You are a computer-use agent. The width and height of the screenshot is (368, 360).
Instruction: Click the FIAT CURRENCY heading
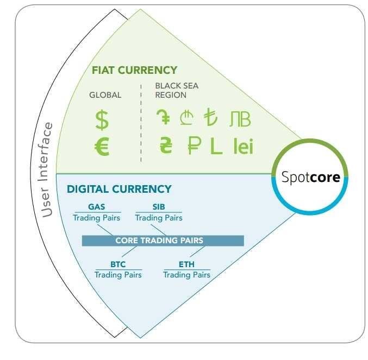[x=134, y=70]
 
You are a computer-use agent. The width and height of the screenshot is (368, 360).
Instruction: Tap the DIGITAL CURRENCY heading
[x=119, y=189]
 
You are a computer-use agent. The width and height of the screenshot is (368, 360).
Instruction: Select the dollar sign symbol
[x=102, y=120]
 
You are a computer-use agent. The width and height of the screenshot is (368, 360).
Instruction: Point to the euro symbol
[x=102, y=147]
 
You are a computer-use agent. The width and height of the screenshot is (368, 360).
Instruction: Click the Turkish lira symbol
[x=210, y=117]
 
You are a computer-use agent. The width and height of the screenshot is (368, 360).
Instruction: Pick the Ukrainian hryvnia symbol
[x=166, y=146]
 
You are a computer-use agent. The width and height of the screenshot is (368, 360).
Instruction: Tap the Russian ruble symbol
[x=195, y=146]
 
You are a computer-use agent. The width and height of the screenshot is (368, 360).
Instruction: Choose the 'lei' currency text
[x=244, y=146]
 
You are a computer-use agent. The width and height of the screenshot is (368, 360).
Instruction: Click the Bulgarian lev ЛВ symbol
[x=240, y=119]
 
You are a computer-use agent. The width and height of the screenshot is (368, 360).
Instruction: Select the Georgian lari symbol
[x=187, y=117]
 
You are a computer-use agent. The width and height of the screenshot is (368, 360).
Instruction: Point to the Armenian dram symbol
[x=164, y=117]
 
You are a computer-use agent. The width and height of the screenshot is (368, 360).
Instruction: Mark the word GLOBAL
[x=105, y=95]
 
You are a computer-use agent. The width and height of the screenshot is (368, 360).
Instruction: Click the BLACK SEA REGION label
[x=177, y=90]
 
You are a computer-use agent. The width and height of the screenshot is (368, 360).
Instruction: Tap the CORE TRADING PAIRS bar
[x=163, y=241]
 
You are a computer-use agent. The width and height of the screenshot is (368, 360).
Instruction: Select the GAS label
[x=96, y=207]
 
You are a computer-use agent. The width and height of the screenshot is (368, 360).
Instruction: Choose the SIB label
[x=159, y=207]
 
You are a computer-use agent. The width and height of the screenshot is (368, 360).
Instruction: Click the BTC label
[x=118, y=264]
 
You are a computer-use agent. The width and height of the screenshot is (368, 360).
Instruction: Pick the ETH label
[x=186, y=264]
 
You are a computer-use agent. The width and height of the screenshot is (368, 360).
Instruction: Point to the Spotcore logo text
[x=311, y=177]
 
